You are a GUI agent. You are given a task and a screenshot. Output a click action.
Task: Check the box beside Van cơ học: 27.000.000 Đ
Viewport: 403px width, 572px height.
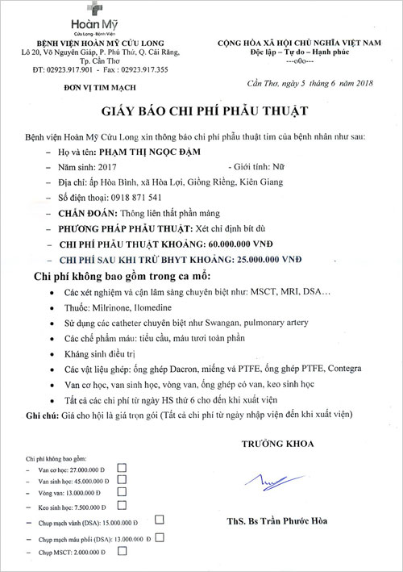[123, 467]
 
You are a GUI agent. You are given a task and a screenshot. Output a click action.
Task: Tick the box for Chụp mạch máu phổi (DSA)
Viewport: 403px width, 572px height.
[160, 537]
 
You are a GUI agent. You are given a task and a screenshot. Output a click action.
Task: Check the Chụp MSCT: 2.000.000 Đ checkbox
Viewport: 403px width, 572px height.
[123, 553]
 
